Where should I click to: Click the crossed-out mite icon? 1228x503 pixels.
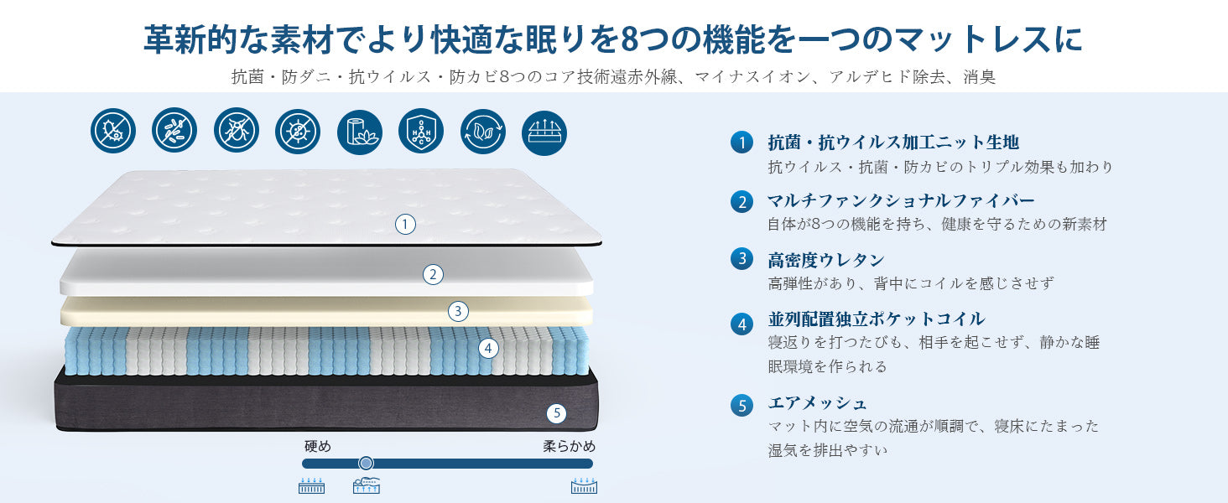[236, 132]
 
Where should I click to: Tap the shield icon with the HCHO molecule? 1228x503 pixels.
[420, 132]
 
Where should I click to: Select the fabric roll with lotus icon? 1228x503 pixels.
[359, 132]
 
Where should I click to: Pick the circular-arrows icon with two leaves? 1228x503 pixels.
[482, 132]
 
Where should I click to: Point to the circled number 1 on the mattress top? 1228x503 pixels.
[406, 224]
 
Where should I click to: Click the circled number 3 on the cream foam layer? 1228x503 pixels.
[457, 311]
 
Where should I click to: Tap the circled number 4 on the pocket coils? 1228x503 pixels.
[488, 348]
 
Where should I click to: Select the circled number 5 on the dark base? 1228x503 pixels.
[556, 412]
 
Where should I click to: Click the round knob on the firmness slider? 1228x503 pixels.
[366, 463]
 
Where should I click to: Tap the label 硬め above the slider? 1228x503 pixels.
[318, 446]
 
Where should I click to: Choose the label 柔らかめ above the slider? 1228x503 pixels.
[569, 446]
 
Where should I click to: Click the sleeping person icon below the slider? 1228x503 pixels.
[367, 486]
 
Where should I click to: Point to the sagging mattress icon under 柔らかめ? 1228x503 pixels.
[584, 486]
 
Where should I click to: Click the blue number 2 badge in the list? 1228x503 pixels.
[741, 201]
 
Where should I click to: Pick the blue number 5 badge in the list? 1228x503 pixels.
[741, 406]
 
